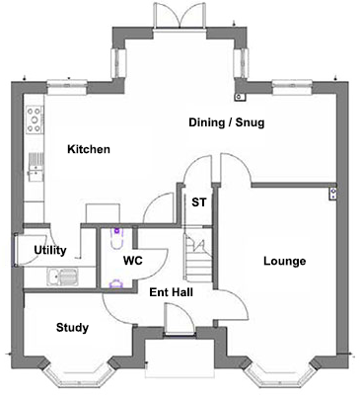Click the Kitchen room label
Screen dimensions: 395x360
pyautogui.click(x=88, y=149)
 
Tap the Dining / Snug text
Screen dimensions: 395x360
pyautogui.click(x=227, y=122)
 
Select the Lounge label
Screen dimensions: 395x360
pyautogui.click(x=284, y=262)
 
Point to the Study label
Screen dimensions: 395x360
pyautogui.click(x=72, y=328)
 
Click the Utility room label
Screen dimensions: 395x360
pyautogui.click(x=50, y=250)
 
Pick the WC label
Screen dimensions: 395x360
pyautogui.click(x=133, y=262)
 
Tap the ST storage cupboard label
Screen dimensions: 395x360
pyautogui.click(x=198, y=203)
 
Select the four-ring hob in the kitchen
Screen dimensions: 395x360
pyautogui.click(x=35, y=120)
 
